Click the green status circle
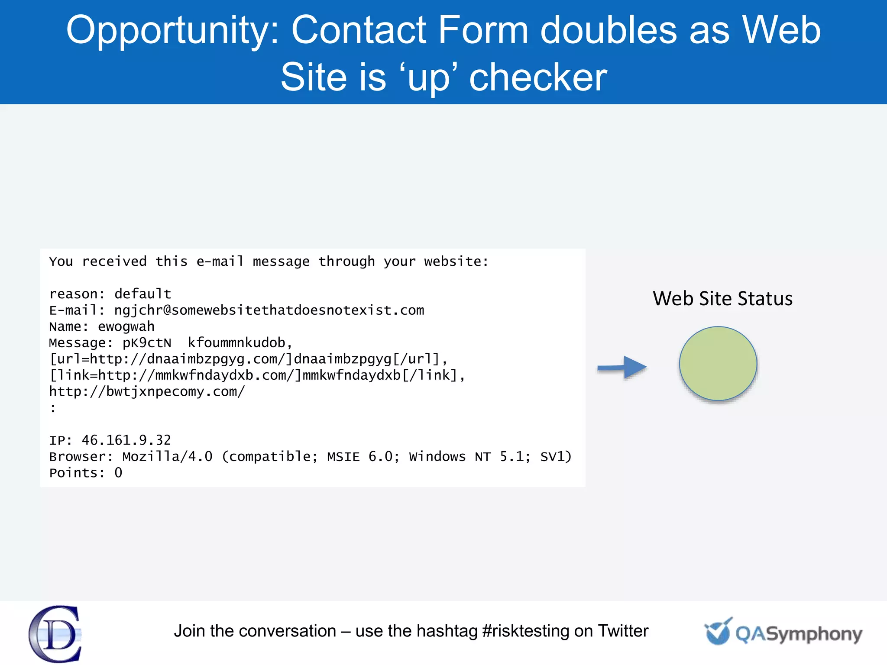[718, 364]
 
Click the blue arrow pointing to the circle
[622, 368]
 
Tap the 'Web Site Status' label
[722, 299]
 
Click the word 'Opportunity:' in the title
[173, 30]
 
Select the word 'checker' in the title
[538, 77]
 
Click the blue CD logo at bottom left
[55, 634]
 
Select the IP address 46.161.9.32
[126, 440]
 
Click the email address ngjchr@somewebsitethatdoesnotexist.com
[269, 310]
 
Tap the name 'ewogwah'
[126, 326]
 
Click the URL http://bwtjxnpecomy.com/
[147, 392]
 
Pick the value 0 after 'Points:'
[118, 473]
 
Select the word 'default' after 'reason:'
[142, 294]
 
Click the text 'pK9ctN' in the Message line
[147, 343]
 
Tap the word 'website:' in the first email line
[456, 261]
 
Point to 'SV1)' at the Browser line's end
[556, 457]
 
